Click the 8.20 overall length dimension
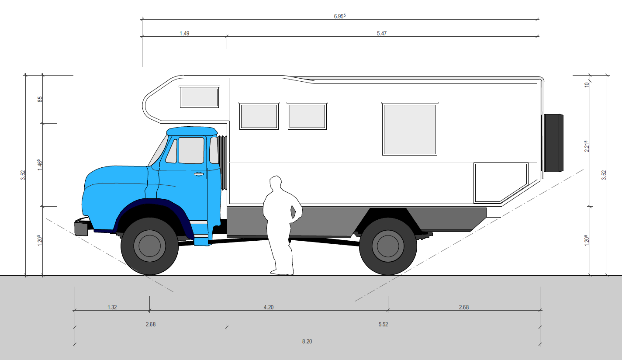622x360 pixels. (307, 341)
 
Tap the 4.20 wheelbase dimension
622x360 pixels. (269, 307)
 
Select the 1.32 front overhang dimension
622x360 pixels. (112, 307)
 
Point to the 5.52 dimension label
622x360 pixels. (383, 324)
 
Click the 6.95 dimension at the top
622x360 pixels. (339, 16)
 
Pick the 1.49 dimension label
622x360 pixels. (184, 33)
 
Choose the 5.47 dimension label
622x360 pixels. (382, 33)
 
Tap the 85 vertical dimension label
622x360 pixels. (40, 99)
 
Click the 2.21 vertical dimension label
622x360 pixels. (587, 146)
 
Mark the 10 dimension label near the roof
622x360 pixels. (587, 84)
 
